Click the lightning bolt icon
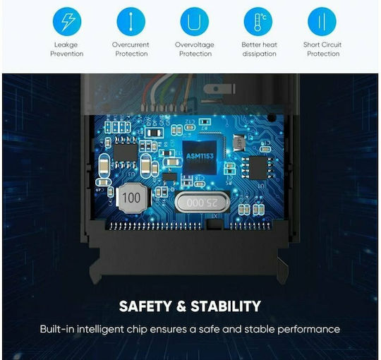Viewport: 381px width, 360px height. click(67, 21)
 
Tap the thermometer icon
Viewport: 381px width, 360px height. click(258, 21)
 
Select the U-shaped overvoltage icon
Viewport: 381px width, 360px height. click(195, 21)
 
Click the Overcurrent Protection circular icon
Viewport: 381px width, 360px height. click(131, 21)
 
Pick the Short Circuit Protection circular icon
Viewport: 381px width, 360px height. click(322, 21)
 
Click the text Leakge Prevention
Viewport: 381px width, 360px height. click(67, 49)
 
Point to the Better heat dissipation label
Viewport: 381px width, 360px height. click(259, 49)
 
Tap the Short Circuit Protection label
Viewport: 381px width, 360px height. click(322, 49)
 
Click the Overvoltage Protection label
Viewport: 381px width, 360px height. click(195, 49)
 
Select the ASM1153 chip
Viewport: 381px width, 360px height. click(199, 157)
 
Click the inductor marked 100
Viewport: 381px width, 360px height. click(132, 198)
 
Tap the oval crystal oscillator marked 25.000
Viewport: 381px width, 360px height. click(202, 203)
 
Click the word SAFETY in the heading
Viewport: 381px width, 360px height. click(145, 306)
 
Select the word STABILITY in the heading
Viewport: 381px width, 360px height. click(226, 306)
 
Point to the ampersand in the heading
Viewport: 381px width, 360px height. click(181, 306)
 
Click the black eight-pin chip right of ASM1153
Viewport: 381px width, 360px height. click(258, 168)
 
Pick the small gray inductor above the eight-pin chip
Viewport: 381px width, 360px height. click(239, 143)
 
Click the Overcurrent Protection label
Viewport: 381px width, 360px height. click(131, 49)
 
